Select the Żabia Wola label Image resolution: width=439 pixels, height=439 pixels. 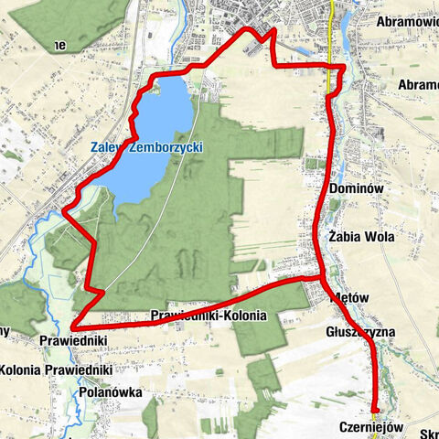(x=360, y=236)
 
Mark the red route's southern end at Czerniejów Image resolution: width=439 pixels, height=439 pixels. (x=374, y=409)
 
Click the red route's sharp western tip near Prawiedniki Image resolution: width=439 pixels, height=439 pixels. (x=73, y=326)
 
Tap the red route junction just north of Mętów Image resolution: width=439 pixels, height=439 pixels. (x=319, y=275)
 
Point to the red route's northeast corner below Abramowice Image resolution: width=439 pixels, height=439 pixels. (x=344, y=67)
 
